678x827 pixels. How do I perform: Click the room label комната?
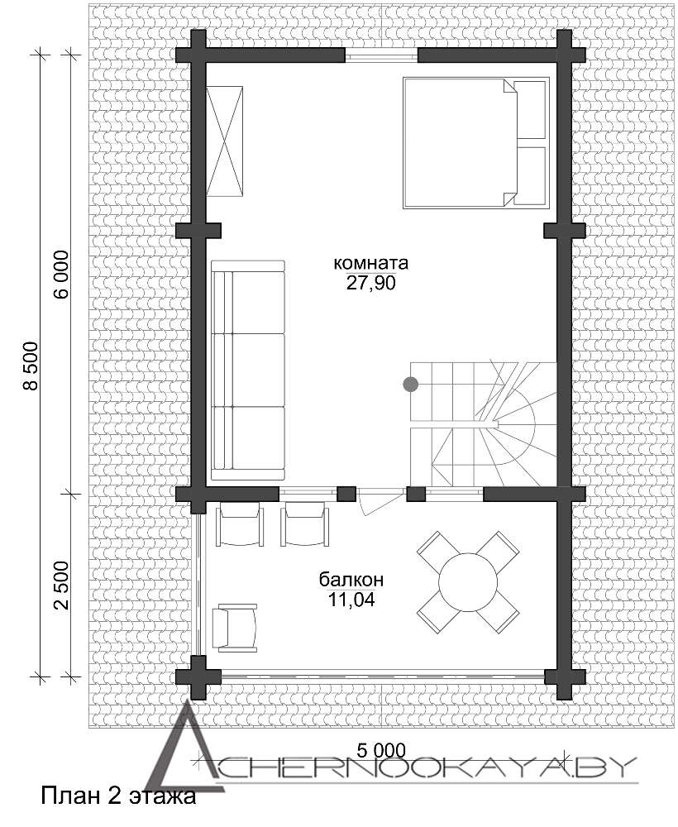pos(371,263)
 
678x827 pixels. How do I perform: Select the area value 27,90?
pos(370,284)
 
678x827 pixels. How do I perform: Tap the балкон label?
pos(351,580)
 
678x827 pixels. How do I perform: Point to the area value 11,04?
pos(351,600)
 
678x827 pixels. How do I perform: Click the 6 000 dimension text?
pos(60,275)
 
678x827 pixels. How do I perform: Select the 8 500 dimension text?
pos(31,366)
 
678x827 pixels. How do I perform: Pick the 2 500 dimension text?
pos(60,586)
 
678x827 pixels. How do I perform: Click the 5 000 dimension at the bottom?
pos(381,749)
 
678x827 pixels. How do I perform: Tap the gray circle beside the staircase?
pos(411,385)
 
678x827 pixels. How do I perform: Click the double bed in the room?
pos(476,143)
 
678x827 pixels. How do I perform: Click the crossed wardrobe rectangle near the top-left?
pos(225,141)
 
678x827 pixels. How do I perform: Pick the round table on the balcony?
pos(468,581)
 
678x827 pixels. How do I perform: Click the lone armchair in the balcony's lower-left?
pos(235,628)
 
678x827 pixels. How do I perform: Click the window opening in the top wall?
pos(382,55)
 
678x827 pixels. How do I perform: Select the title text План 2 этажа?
pos(118,796)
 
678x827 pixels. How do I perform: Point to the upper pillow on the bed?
pos(529,110)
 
